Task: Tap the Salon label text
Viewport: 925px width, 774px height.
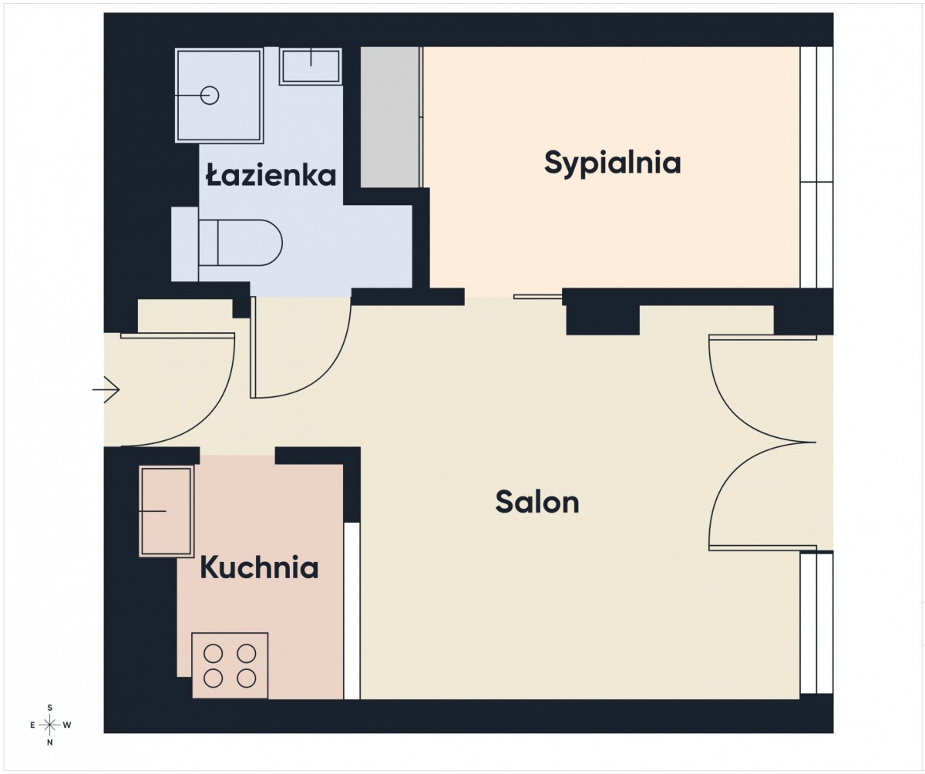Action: [x=537, y=502]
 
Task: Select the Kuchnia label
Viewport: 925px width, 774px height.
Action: [x=259, y=567]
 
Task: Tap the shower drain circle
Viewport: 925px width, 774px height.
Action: [x=210, y=96]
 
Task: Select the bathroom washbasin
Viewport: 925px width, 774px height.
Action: [x=311, y=66]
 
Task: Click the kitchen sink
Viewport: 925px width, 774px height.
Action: [x=166, y=511]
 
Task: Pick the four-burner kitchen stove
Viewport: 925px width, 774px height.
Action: [x=230, y=665]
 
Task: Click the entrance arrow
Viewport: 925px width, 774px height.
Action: [x=106, y=390]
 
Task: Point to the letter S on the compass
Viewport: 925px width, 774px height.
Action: [x=49, y=708]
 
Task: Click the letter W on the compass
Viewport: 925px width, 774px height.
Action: [x=67, y=725]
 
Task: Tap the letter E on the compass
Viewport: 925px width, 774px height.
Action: [x=32, y=725]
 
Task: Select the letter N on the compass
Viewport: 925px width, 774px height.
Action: [x=49, y=742]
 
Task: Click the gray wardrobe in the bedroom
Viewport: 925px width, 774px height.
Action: [x=390, y=117]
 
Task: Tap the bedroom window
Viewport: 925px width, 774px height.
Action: [x=816, y=167]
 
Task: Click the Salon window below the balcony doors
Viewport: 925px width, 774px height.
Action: [x=816, y=622]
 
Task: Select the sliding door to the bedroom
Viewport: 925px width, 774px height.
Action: [x=538, y=296]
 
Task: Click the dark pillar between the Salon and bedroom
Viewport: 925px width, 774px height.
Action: [x=603, y=319]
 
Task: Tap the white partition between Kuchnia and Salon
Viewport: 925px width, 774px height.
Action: [x=352, y=611]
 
